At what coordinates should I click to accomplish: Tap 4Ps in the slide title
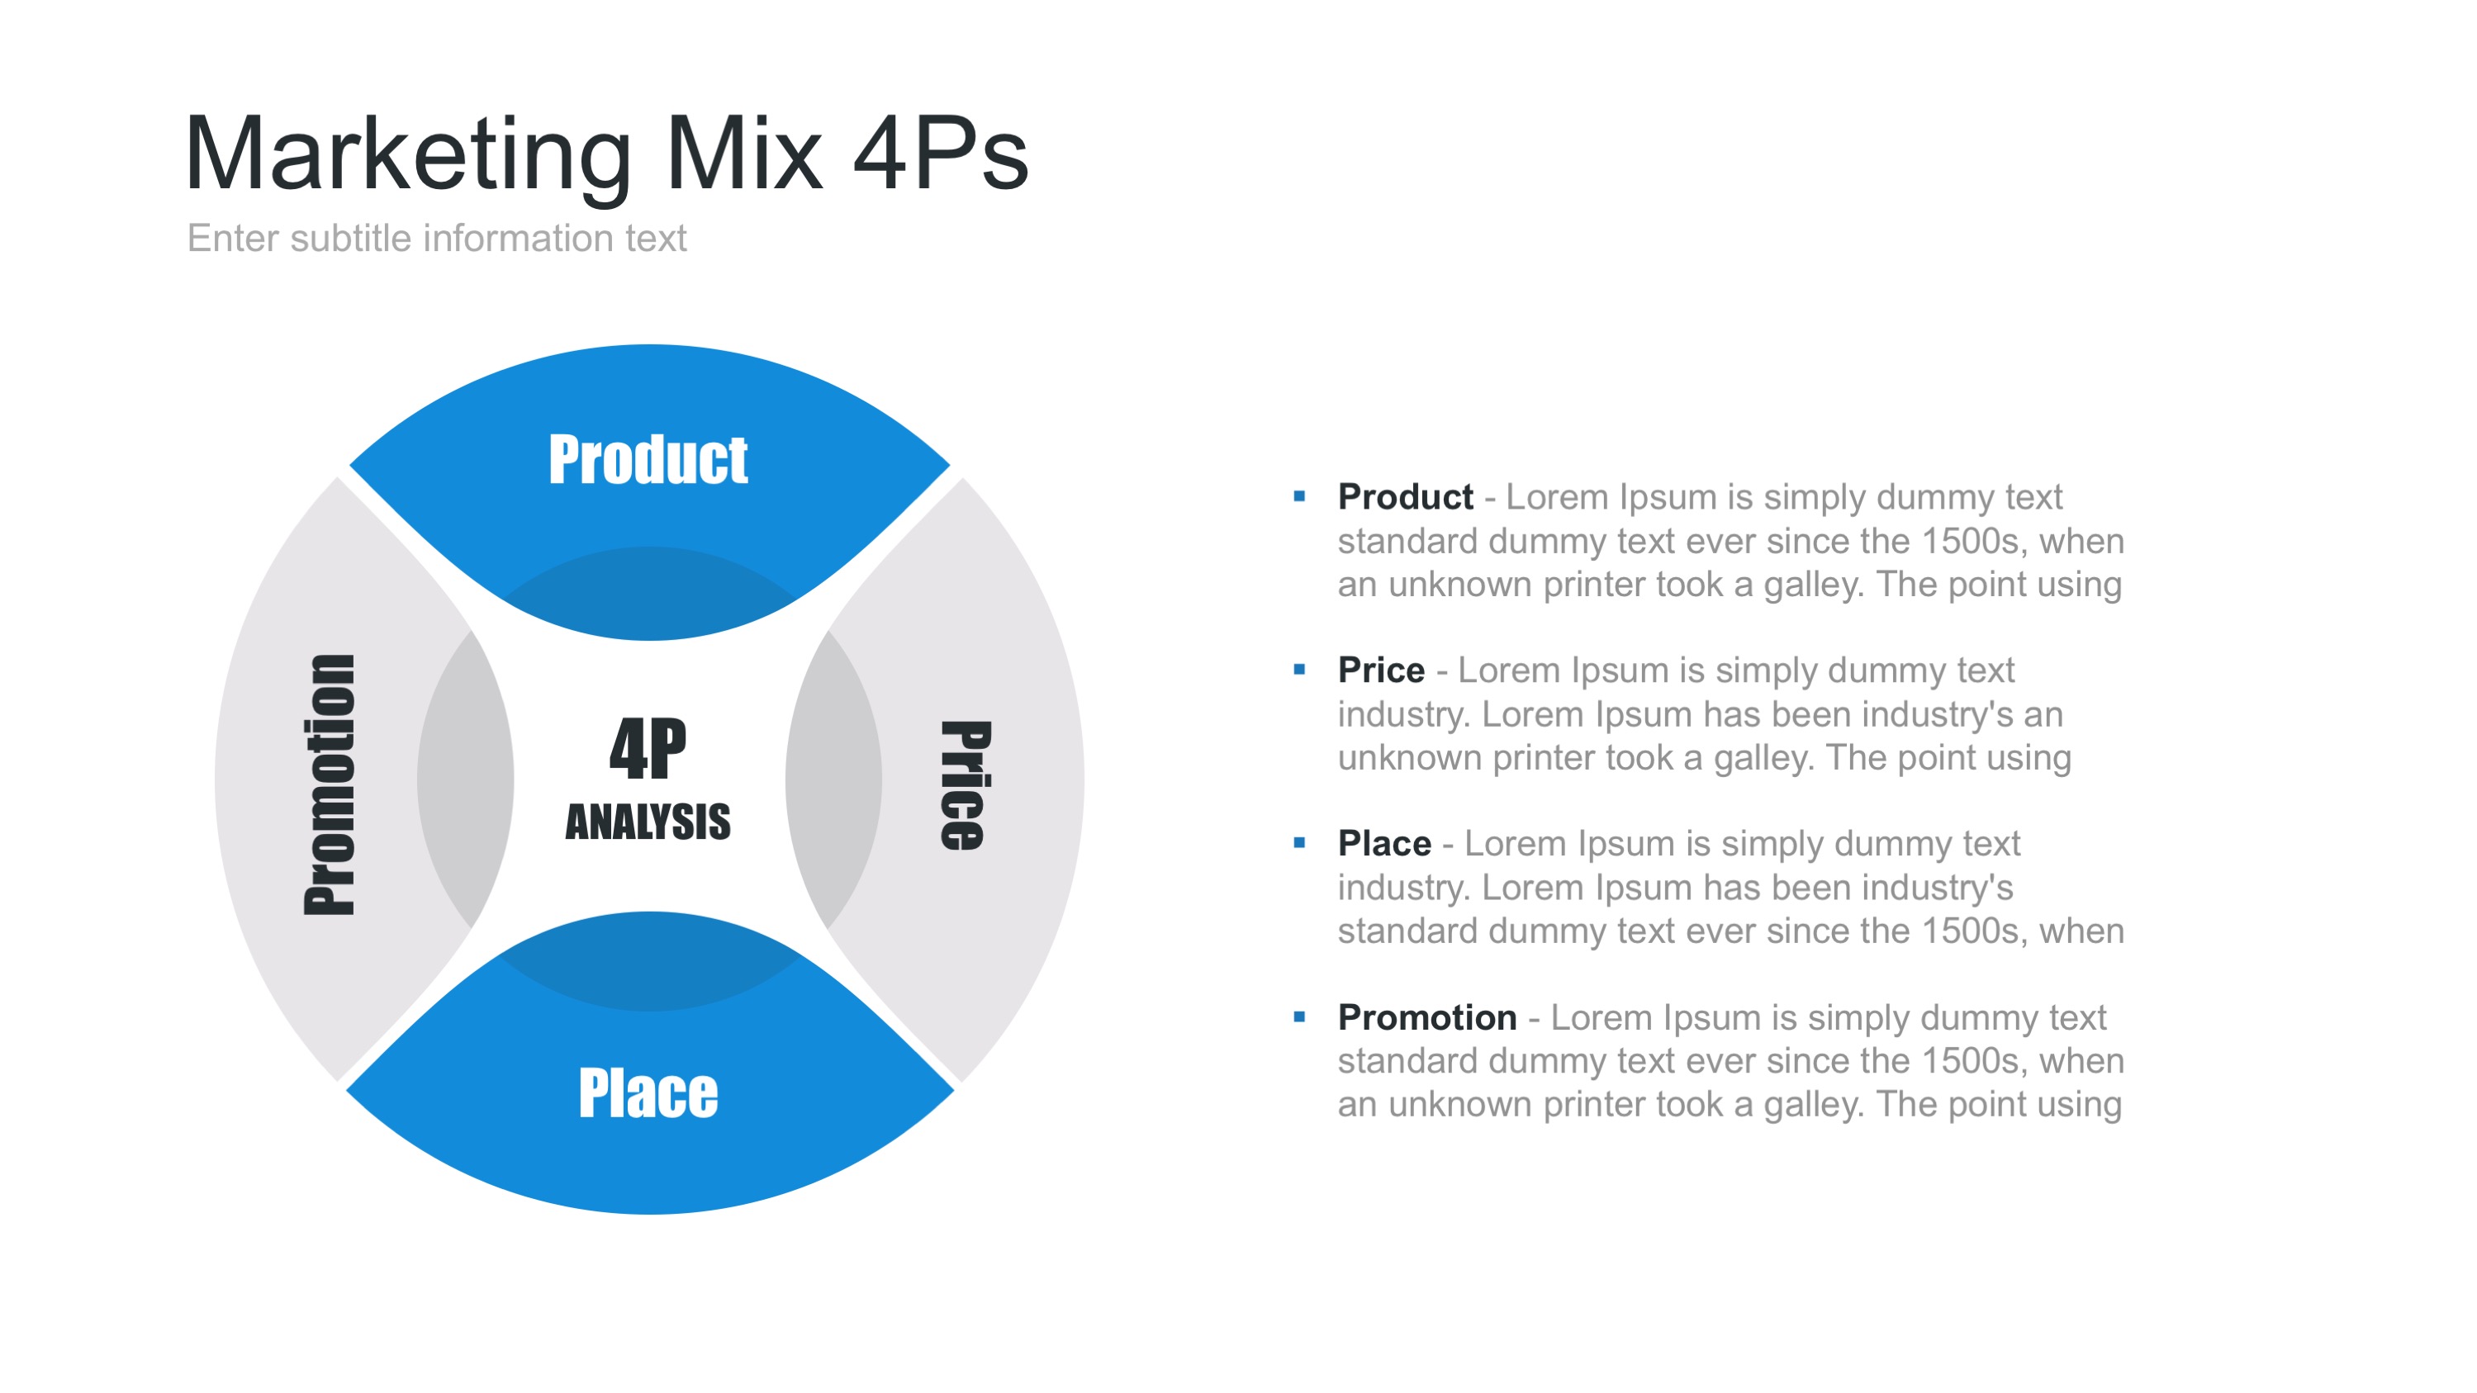941,153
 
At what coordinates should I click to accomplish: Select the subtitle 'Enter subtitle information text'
437,238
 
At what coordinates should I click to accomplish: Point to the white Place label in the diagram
648,1093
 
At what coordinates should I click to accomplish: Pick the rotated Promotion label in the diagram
329,784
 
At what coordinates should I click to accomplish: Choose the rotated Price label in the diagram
965,785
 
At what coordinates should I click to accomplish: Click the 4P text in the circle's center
648,748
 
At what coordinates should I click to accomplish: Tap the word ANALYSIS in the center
648,822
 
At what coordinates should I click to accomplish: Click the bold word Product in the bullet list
1405,497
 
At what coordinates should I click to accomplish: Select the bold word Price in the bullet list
1381,670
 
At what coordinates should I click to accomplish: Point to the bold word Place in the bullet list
1384,843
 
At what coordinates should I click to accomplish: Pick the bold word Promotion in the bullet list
1427,1017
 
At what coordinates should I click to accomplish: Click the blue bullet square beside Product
1300,496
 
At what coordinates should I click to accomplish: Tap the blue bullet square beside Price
1300,669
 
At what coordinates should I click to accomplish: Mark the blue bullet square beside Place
1300,843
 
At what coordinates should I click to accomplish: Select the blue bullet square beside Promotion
1300,1016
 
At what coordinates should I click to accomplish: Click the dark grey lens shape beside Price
833,779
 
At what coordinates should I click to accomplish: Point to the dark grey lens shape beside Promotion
465,779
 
